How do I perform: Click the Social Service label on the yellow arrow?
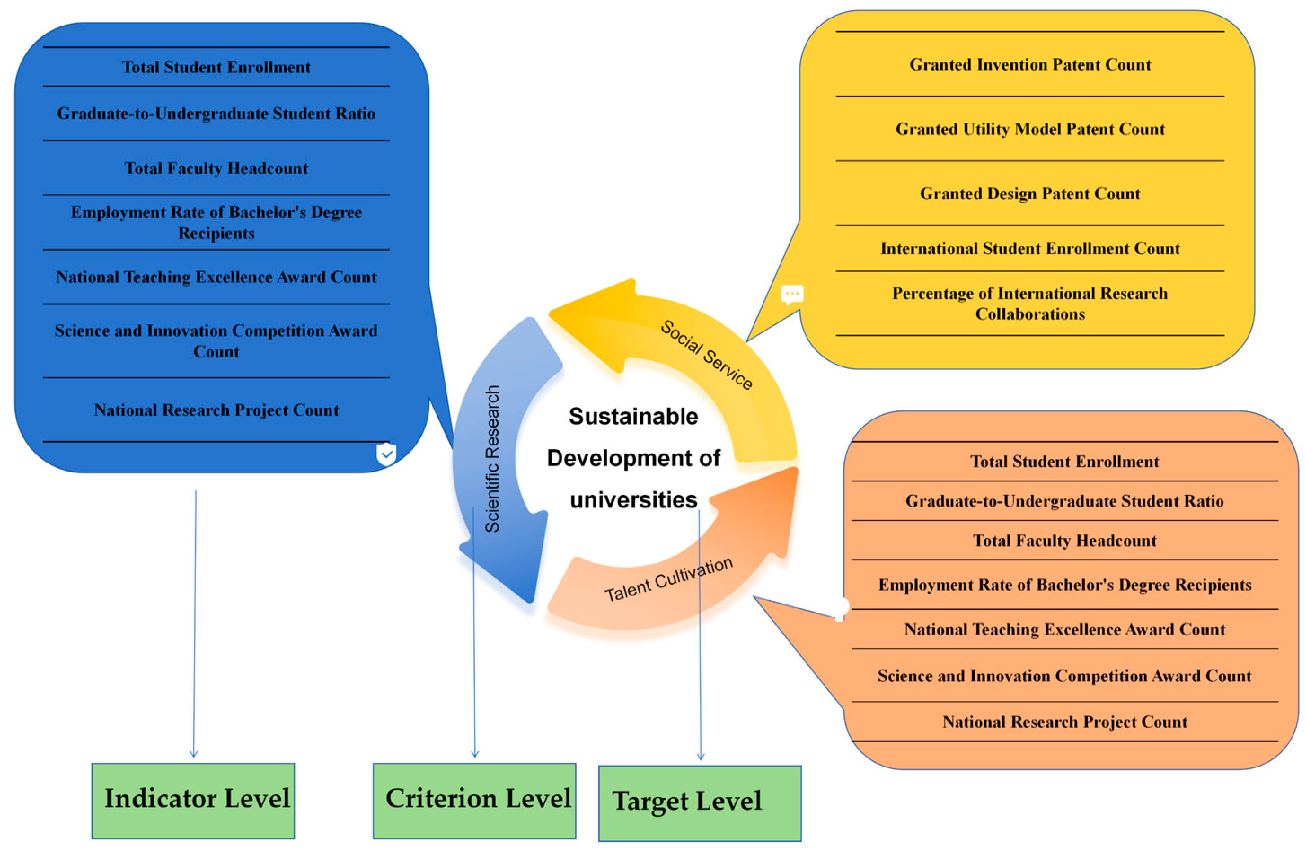[706, 355]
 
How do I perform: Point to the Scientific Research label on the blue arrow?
[492, 459]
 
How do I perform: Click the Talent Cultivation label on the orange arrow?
[668, 579]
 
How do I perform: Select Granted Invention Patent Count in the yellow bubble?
[1030, 65]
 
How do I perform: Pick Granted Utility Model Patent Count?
[1030, 129]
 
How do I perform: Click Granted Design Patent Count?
[1030, 194]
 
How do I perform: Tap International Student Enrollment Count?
[1030, 248]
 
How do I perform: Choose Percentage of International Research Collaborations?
[1030, 304]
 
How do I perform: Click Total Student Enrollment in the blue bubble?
[216, 67]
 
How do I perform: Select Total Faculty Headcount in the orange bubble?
[1064, 540]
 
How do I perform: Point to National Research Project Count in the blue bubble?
[216, 410]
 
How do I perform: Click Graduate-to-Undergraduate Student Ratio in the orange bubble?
[1064, 501]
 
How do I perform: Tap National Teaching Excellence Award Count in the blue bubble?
[216, 277]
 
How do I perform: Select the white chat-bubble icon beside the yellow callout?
[792, 295]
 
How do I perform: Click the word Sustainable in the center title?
[633, 416]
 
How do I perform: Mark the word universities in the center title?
[633, 500]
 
